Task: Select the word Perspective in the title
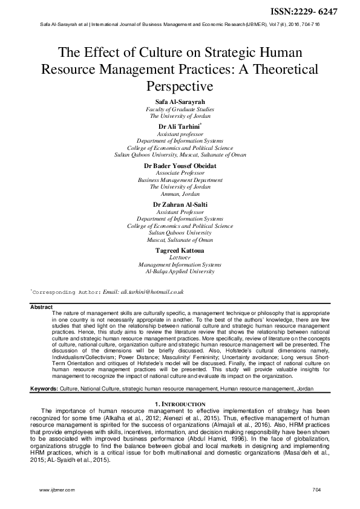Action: click(x=180, y=86)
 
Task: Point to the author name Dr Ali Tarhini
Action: click(x=178, y=126)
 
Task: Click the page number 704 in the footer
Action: click(x=316, y=488)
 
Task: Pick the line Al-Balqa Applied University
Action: click(x=180, y=272)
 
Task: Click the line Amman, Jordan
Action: click(x=180, y=194)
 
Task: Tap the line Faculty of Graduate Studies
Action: click(x=180, y=109)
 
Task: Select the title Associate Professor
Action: click(x=180, y=172)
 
